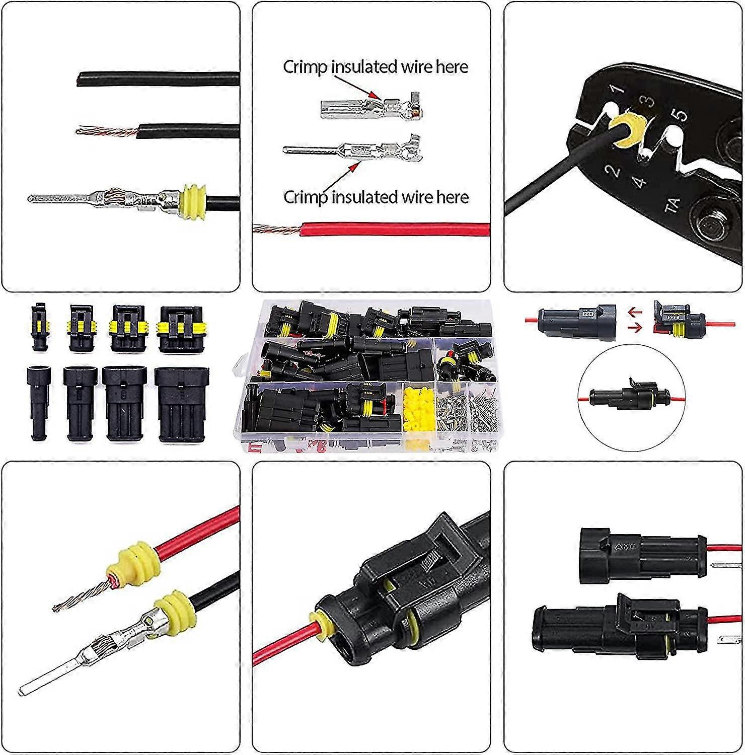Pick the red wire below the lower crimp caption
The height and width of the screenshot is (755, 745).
(x=393, y=229)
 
